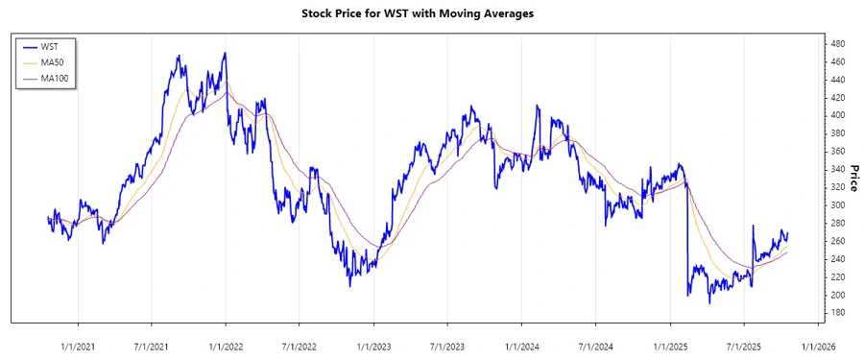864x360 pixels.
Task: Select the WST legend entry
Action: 48,45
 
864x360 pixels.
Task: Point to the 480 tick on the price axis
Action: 836,43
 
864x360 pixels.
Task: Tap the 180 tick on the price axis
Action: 836,313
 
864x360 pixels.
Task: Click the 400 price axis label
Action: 836,115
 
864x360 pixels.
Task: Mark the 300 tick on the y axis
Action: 836,205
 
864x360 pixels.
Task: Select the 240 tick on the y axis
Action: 836,259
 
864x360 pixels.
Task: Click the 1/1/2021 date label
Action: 77,345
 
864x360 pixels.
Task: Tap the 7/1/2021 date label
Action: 151,345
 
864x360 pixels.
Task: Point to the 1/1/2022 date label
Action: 226,345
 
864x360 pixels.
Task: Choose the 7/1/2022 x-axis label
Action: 300,345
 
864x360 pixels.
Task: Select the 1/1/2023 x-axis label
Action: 373,345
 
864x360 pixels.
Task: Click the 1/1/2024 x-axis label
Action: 521,345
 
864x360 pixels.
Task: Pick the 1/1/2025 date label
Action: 670,345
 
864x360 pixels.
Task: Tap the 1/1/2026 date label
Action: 818,345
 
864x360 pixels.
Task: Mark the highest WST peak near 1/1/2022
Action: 225,54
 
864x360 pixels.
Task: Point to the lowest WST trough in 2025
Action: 709,302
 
